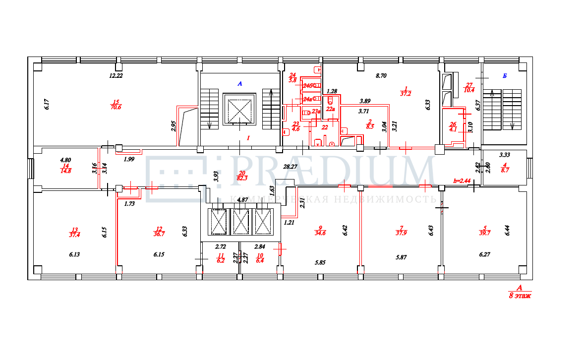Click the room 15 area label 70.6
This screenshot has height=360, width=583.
(x=116, y=106)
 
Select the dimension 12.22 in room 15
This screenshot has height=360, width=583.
(x=116, y=76)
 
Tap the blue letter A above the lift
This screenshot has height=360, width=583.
(x=239, y=84)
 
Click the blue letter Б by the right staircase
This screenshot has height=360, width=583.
(x=504, y=76)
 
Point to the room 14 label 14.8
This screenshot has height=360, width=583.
(x=66, y=171)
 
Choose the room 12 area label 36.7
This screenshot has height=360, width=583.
(x=159, y=235)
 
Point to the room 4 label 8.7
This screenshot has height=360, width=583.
(x=505, y=170)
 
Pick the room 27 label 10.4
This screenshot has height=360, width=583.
(x=469, y=90)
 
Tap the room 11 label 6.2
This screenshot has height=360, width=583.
(x=221, y=259)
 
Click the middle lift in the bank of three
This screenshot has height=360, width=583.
(x=241, y=222)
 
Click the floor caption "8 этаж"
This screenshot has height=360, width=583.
(x=520, y=296)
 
